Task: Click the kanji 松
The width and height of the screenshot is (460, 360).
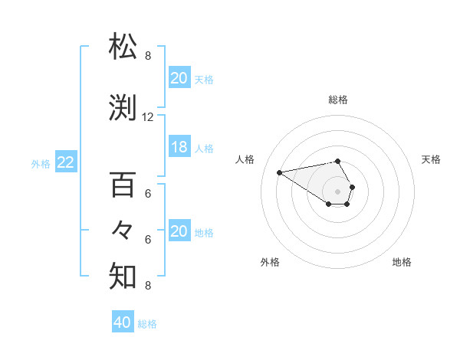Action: coord(123,46)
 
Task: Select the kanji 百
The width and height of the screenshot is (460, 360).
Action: coord(123,185)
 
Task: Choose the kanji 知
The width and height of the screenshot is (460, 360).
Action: coord(123,276)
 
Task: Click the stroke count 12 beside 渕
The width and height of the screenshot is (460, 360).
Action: coord(148,117)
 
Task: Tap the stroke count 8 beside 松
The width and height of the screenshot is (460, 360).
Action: coord(148,56)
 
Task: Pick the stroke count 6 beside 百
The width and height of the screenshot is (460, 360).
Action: coord(148,194)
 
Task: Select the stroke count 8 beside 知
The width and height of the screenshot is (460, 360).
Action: coord(148,286)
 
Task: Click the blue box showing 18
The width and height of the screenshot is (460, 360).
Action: coord(179,147)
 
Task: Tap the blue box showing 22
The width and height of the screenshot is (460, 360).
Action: coord(66,162)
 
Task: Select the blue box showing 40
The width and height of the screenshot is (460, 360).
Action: coord(123,322)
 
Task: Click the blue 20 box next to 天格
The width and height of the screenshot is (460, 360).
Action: coord(179,78)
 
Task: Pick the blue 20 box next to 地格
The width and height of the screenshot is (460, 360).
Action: coord(179,231)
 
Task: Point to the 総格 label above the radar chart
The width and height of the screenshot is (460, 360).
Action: coord(338,100)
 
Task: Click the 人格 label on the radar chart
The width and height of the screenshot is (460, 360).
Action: coord(245,159)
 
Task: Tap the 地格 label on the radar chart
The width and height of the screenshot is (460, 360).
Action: coord(402,262)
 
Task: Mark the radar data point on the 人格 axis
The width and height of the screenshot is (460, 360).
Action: coord(280,172)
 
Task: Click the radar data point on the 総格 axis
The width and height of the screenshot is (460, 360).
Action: coord(338,161)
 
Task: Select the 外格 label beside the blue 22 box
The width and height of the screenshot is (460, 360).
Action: coord(41,163)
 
